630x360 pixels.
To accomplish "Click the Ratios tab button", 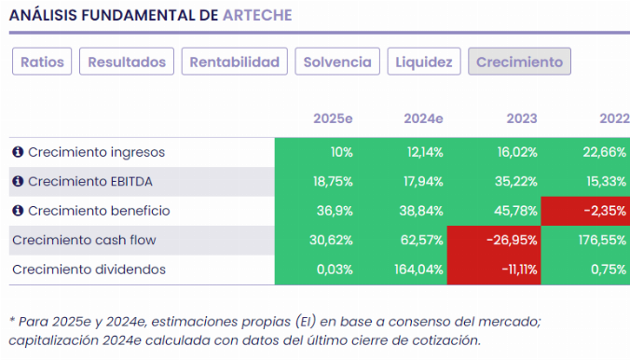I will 42,62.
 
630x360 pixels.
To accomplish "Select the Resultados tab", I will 127,62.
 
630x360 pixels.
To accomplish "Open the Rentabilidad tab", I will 234,62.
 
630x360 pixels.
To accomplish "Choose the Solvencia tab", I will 336,62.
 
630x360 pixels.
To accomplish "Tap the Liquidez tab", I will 423,62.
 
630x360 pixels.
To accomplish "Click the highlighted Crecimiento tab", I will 519,62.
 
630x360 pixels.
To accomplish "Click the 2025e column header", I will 333,118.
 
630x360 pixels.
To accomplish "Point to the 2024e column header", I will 423,118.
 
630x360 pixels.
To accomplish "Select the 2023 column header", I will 521,118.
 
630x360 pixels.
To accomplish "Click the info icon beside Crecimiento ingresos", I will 17,152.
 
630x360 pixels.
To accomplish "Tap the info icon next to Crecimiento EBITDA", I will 17,181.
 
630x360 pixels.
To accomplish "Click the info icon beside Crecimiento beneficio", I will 17,211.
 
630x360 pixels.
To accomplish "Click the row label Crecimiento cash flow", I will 83,240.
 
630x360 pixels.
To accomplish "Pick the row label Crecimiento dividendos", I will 89,270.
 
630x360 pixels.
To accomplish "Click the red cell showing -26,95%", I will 495,240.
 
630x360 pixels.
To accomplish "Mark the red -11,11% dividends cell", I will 495,270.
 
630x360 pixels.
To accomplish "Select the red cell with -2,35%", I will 587,211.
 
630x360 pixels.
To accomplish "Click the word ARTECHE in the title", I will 257,16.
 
